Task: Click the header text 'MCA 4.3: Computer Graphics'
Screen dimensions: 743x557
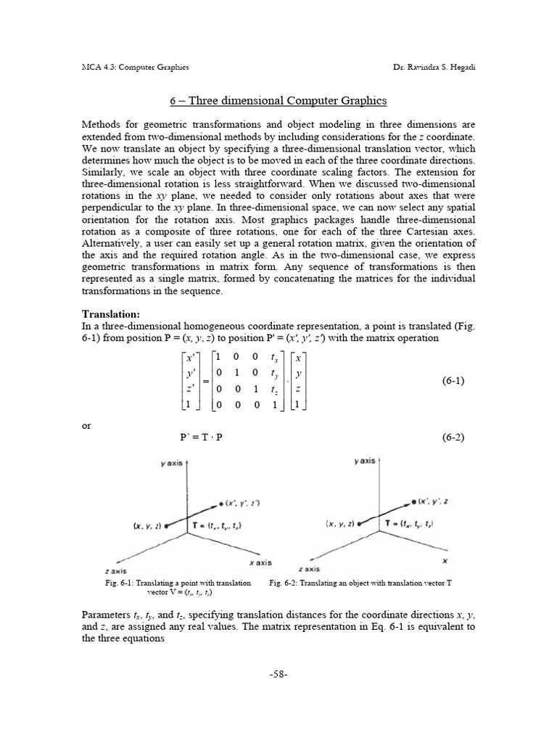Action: (136, 67)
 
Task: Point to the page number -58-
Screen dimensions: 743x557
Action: (278, 673)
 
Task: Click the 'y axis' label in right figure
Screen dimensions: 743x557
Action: (364, 461)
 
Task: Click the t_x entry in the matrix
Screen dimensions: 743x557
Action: (273, 356)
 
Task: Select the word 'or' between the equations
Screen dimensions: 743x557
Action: (86, 426)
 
